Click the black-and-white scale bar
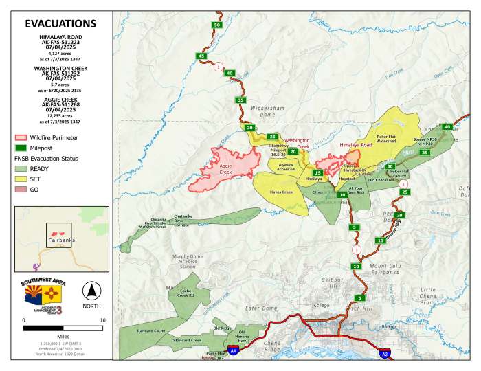[64, 328]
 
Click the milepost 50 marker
[217, 25]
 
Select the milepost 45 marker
[201, 56]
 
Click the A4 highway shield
[234, 350]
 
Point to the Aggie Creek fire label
[225, 169]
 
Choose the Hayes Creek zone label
[281, 192]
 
